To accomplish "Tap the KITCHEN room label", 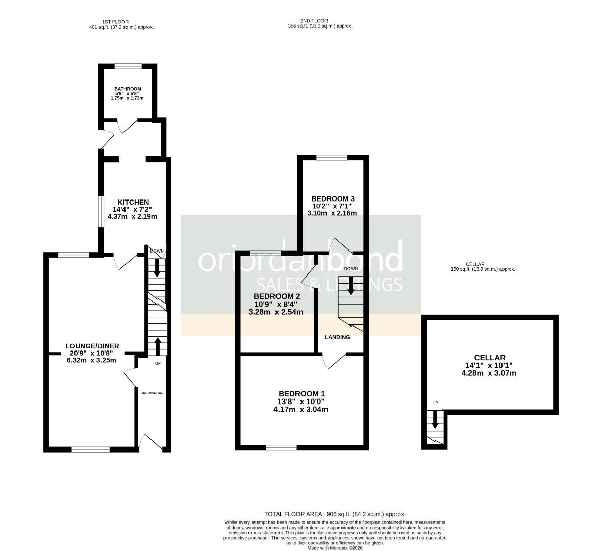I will click(x=133, y=202).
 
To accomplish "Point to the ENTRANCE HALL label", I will click(x=152, y=393).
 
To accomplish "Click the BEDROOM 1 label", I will click(x=302, y=393).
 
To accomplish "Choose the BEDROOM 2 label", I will click(x=277, y=296).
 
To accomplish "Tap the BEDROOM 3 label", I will click(x=333, y=198).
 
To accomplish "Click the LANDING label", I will click(x=338, y=337).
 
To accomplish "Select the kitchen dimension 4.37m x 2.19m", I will click(x=133, y=216).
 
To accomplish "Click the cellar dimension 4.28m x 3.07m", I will click(x=489, y=373).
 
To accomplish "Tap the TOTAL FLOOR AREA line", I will click(x=335, y=514).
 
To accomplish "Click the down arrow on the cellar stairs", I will click(x=435, y=419).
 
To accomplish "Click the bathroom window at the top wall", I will click(x=128, y=66).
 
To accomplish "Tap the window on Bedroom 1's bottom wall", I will click(x=281, y=448).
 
